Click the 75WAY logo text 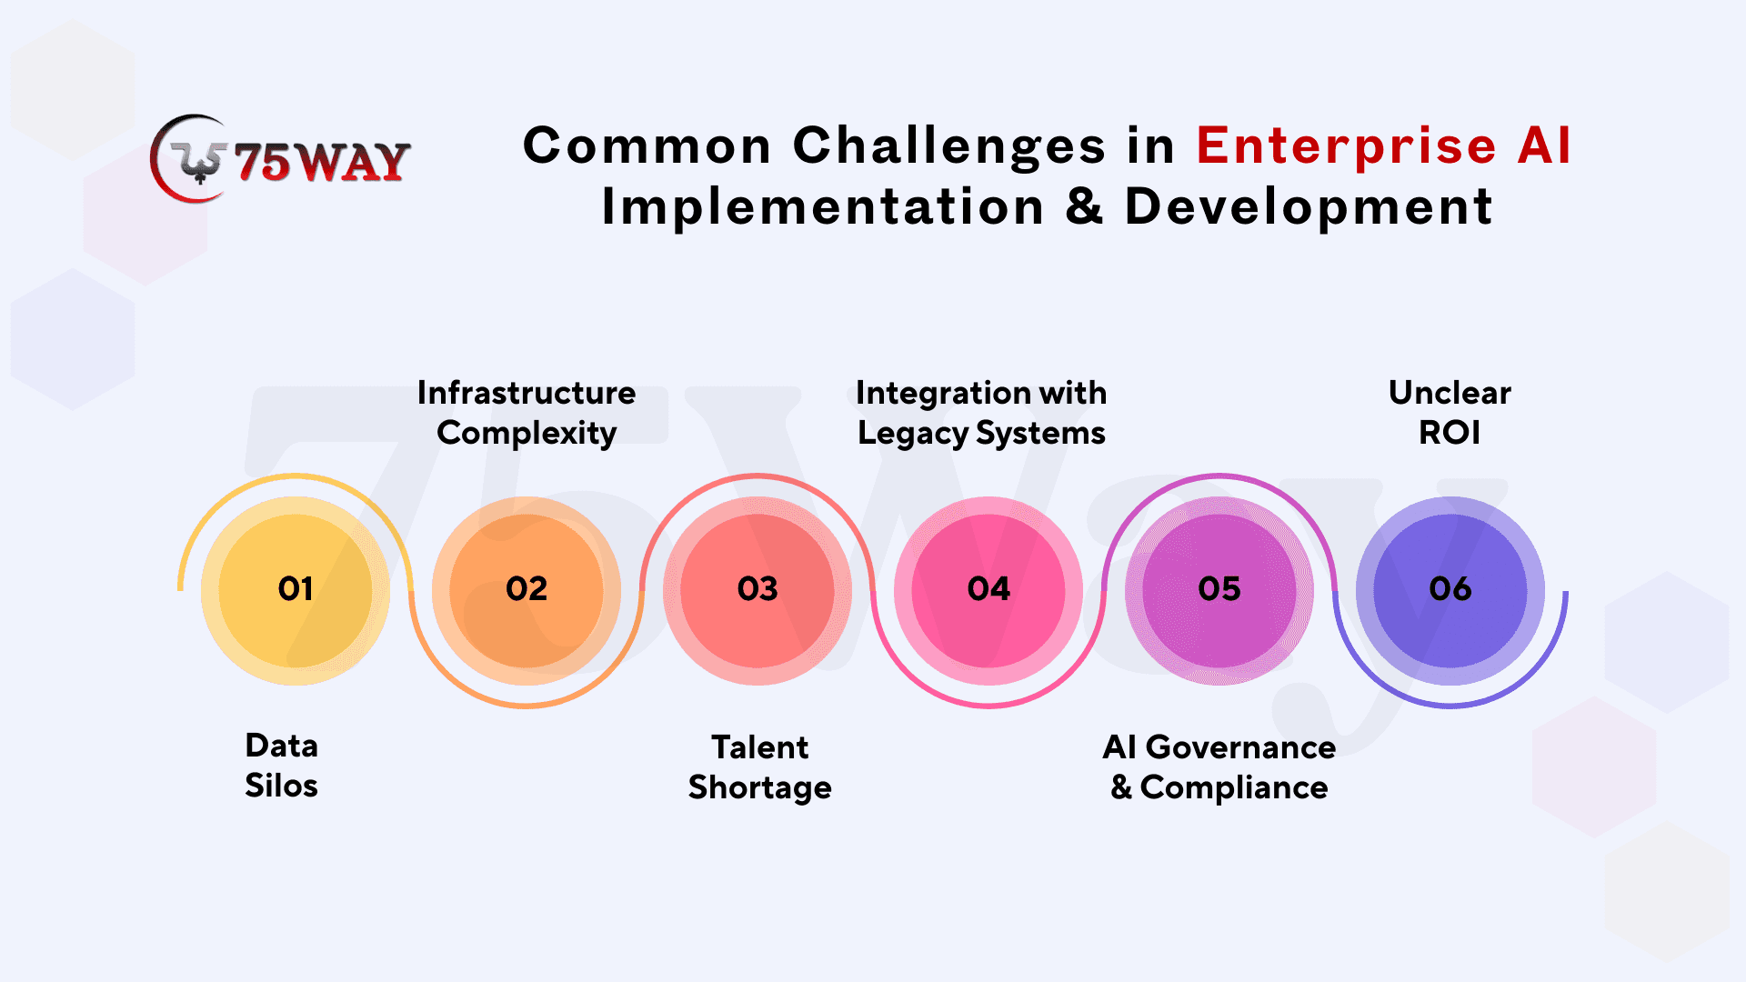(x=322, y=163)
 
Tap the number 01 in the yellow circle (x=296, y=589)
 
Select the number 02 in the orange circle (x=527, y=589)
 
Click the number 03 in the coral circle (x=758, y=589)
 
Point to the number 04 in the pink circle (x=988, y=589)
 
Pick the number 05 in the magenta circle (x=1219, y=589)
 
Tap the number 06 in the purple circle (x=1450, y=589)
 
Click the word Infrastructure (x=527, y=393)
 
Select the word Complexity (x=527, y=434)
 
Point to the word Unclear (x=1450, y=393)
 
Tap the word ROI (x=1450, y=433)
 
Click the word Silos (x=281, y=786)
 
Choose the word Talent (x=759, y=747)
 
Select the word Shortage (x=759, y=788)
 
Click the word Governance (x=1240, y=747)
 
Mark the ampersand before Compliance (x=1121, y=787)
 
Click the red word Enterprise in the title (x=1346, y=145)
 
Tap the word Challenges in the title (x=949, y=145)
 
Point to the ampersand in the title (x=1084, y=206)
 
